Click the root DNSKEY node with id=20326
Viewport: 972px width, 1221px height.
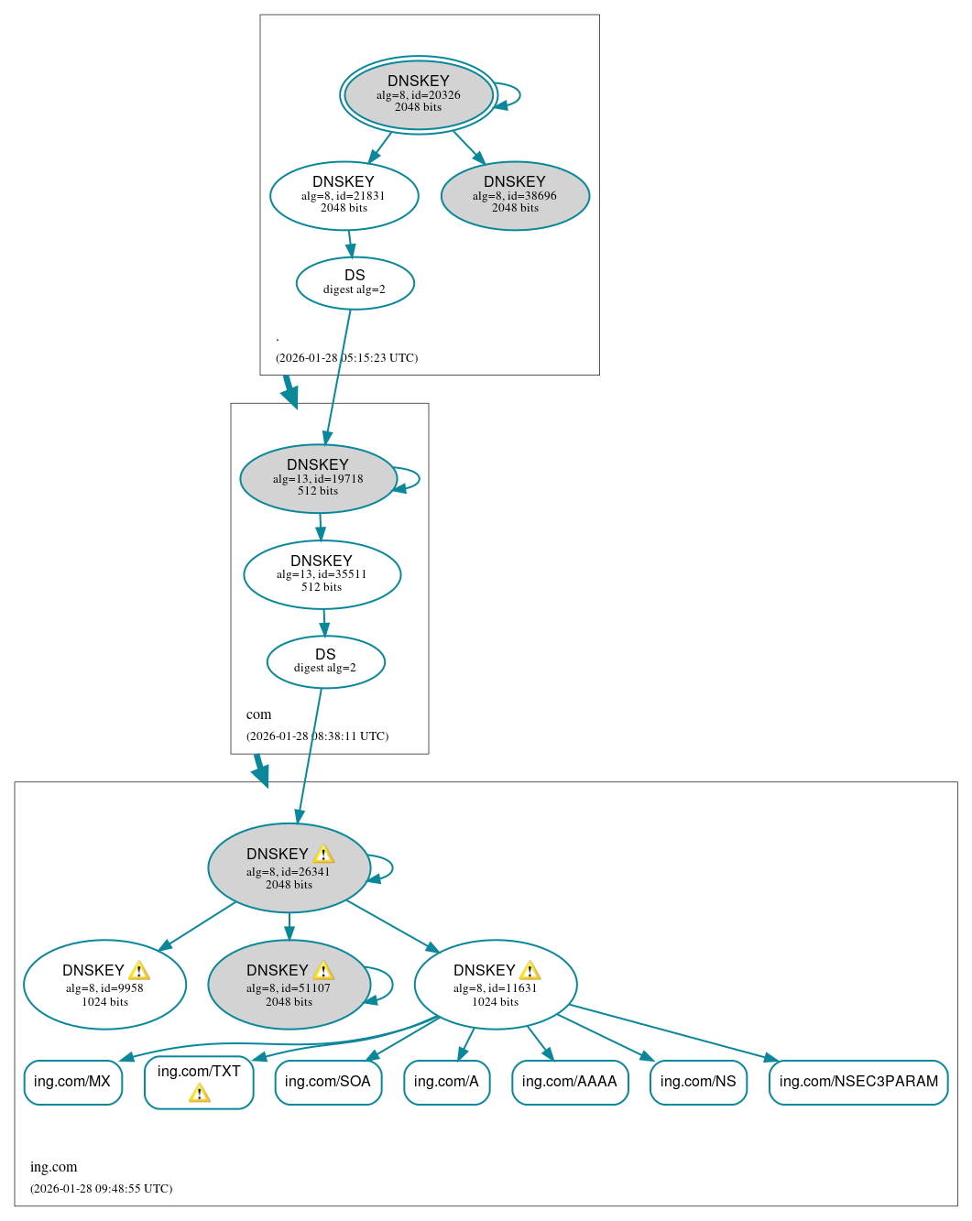tap(419, 94)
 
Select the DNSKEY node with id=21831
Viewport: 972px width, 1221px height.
tap(344, 195)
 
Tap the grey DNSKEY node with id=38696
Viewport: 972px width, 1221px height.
tap(515, 195)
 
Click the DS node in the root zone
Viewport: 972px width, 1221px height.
tap(355, 283)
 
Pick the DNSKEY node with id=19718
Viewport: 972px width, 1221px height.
tap(318, 478)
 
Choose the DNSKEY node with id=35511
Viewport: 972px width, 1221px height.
tap(322, 574)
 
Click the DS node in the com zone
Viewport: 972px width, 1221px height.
tap(325, 661)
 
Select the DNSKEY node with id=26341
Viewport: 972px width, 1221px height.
tap(289, 868)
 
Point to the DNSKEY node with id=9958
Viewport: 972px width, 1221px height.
tap(104, 985)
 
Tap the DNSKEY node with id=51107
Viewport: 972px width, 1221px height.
tap(289, 985)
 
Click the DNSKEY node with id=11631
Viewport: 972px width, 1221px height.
tap(496, 985)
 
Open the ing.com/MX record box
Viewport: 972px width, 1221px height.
tap(72, 1082)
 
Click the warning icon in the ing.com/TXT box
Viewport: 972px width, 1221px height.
tap(199, 1093)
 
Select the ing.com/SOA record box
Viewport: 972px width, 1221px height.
tap(328, 1082)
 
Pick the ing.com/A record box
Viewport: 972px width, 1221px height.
tap(446, 1082)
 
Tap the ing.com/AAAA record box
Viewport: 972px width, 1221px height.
tap(570, 1082)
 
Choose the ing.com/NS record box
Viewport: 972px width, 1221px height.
tap(698, 1082)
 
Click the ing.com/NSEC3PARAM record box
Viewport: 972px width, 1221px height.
tap(858, 1082)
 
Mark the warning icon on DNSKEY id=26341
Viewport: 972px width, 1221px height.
tap(323, 855)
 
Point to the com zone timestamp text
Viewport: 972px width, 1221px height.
tap(317, 736)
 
